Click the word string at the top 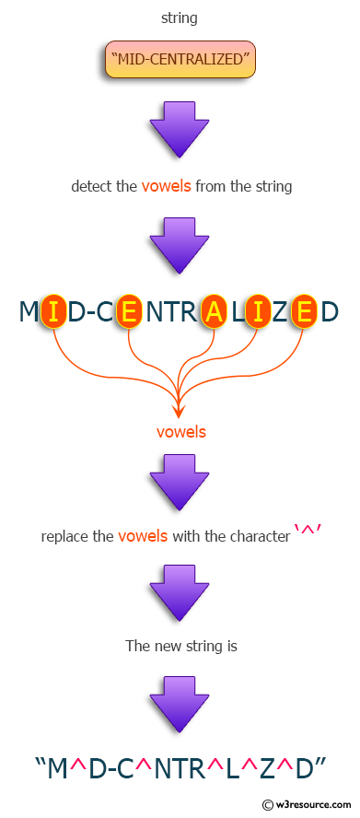[x=179, y=18]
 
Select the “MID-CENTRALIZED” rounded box [x=180, y=60]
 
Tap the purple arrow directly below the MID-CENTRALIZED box [x=180, y=128]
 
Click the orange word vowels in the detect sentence [x=166, y=186]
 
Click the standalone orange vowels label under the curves [x=180, y=431]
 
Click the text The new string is [x=180, y=646]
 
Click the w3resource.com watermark [x=308, y=804]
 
